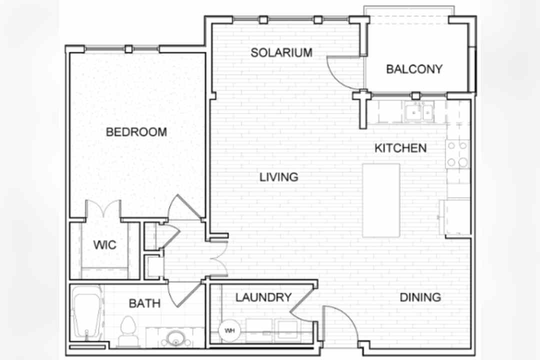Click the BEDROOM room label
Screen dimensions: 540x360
point(136,132)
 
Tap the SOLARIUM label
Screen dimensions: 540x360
point(281,52)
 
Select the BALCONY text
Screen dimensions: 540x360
point(414,69)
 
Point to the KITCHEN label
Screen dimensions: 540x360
point(400,148)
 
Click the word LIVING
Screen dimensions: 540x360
point(278,177)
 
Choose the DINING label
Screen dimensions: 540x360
point(420,297)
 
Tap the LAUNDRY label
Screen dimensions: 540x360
point(263,297)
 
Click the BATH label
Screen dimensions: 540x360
point(144,303)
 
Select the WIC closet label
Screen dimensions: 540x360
point(104,245)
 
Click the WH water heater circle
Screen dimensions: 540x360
point(229,330)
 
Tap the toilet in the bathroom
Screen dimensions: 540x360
point(128,331)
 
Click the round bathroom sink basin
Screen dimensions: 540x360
point(175,339)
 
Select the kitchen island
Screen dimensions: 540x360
point(381,200)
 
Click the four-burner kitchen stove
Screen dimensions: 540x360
point(457,154)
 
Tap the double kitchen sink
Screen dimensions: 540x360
point(419,112)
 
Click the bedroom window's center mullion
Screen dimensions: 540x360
point(128,49)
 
